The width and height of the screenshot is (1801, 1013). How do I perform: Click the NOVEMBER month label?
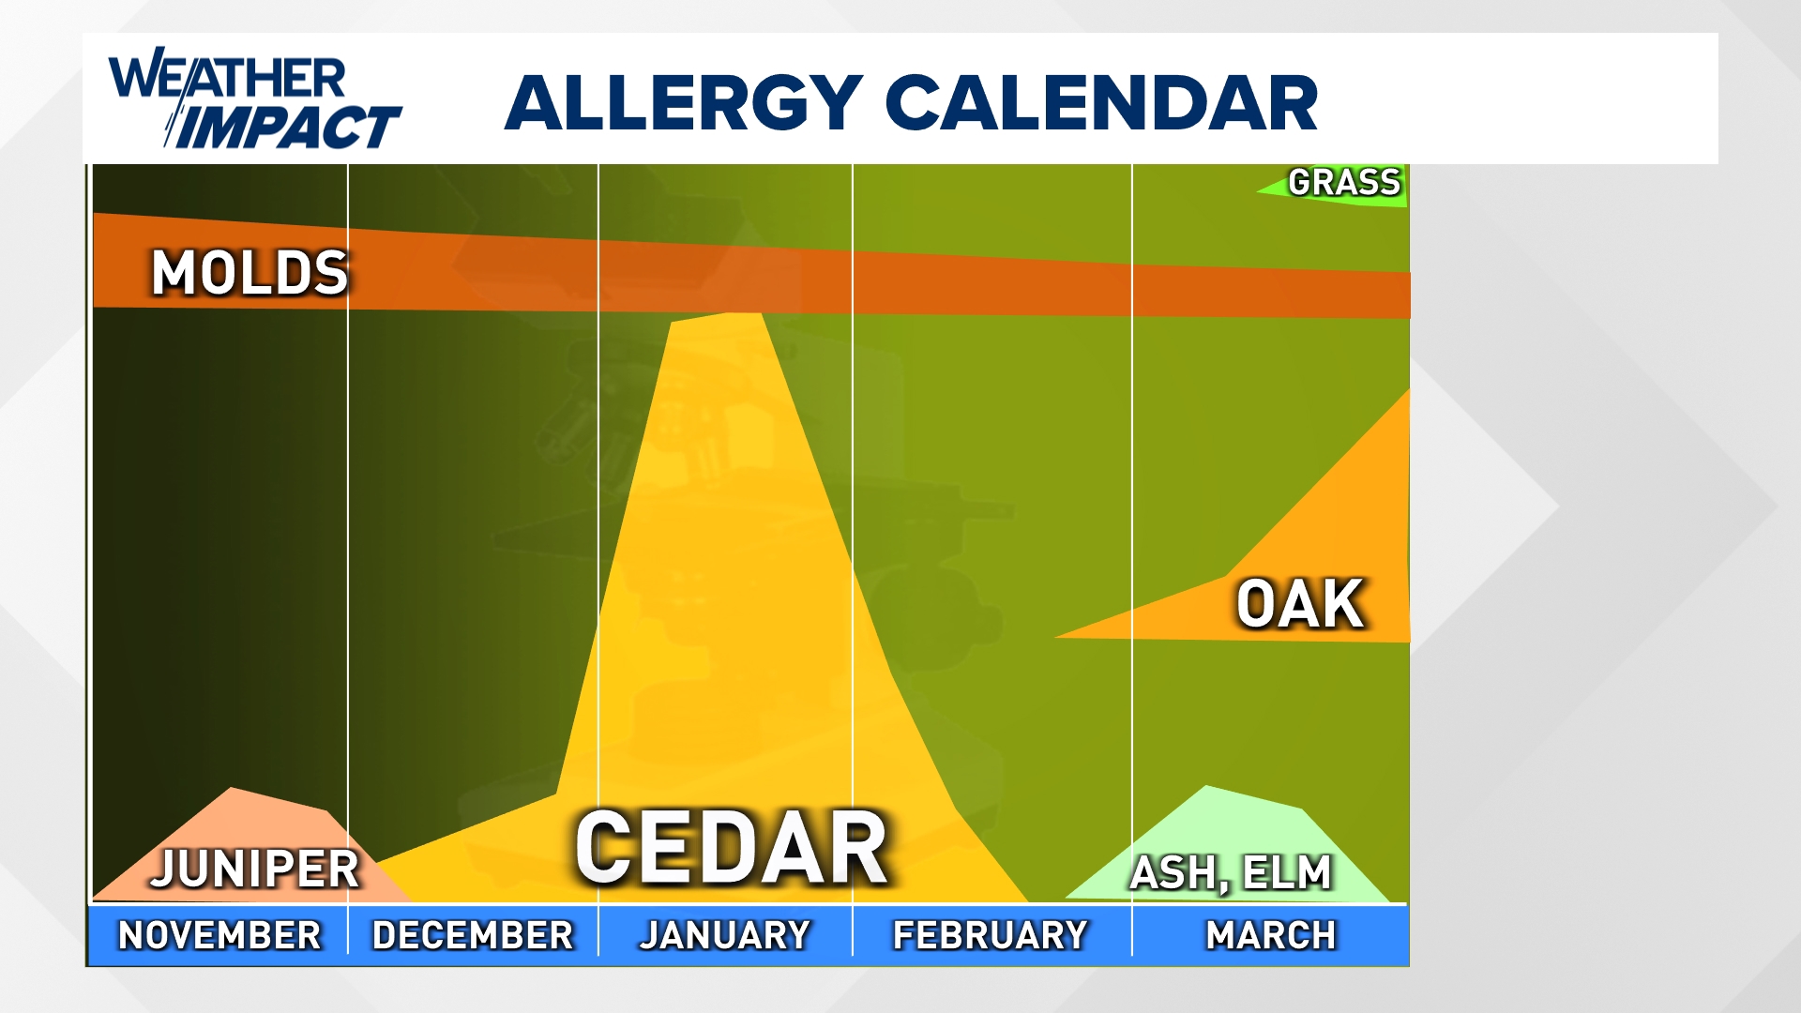click(x=219, y=935)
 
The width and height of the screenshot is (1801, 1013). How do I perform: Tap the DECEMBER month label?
click(x=473, y=935)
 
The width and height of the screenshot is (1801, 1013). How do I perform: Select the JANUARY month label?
click(x=725, y=935)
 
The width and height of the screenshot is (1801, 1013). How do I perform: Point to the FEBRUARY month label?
click(x=991, y=935)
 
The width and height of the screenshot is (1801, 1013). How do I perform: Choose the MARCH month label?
click(x=1271, y=935)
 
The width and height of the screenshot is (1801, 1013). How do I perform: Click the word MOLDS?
click(x=250, y=274)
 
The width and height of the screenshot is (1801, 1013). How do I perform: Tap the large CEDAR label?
click(x=732, y=848)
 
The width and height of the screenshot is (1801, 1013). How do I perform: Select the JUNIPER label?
click(x=255, y=869)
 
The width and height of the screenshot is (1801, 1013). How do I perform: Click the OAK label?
click(x=1300, y=604)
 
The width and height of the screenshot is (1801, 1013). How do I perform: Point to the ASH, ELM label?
click(x=1231, y=873)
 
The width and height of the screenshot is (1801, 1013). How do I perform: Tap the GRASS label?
click(x=1344, y=182)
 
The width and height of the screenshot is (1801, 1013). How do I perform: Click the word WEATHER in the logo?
click(x=228, y=77)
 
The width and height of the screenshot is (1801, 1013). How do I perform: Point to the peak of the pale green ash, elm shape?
click(x=1206, y=788)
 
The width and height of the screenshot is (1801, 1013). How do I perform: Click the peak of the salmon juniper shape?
click(x=232, y=790)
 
